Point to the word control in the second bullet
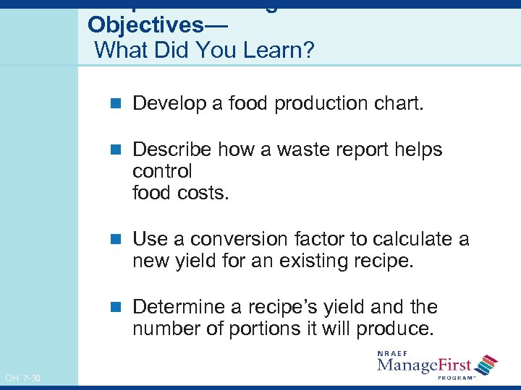162,172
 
